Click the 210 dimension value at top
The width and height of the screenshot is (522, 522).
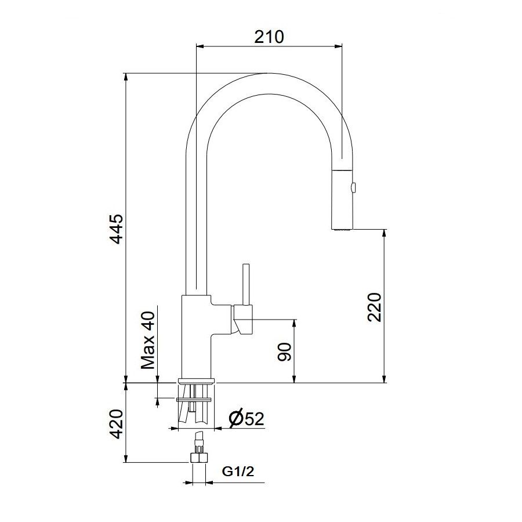tap(269, 37)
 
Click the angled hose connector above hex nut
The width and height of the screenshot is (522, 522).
tap(199, 438)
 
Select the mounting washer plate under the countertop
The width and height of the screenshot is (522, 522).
tap(195, 399)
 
